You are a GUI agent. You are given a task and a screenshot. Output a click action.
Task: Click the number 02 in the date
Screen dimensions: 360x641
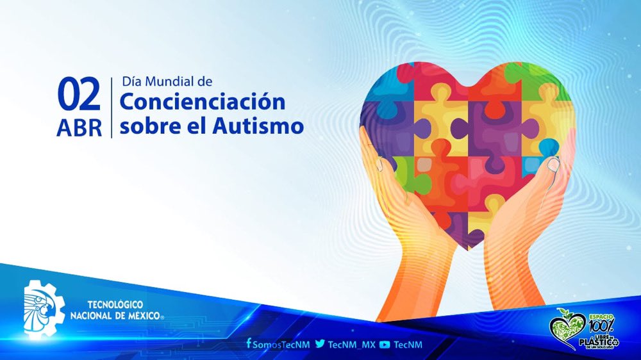(x=79, y=94)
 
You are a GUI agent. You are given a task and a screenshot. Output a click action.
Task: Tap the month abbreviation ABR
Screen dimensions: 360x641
(x=79, y=128)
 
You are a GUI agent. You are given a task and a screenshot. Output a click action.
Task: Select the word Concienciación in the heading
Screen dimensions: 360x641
(x=202, y=101)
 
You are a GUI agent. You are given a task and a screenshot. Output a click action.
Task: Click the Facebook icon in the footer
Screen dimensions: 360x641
(x=248, y=344)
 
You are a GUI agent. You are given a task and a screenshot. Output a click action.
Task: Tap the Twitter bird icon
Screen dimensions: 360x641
(x=319, y=344)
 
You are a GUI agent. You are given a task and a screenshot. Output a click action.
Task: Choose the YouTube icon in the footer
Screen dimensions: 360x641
(x=385, y=345)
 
